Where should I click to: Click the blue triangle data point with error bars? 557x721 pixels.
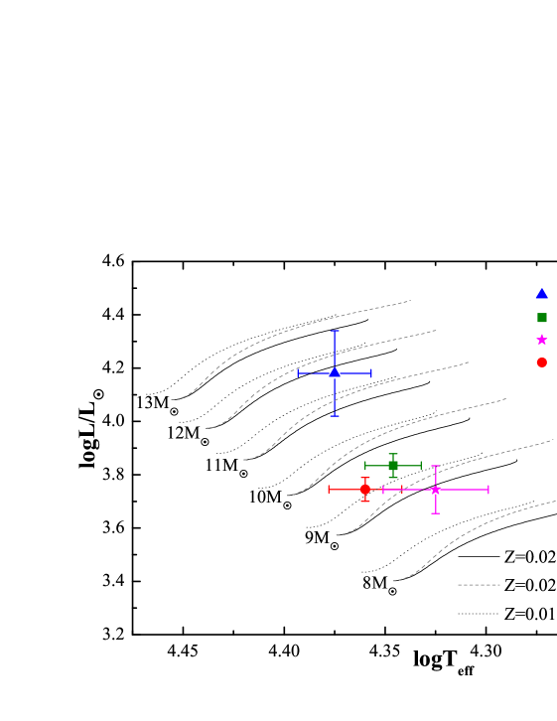tap(335, 372)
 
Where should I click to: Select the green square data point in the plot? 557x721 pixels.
tap(393, 465)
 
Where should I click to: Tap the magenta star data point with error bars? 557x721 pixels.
tap(436, 490)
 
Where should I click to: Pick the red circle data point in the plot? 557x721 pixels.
tap(365, 489)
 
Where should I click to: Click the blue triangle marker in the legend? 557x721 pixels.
tap(542, 294)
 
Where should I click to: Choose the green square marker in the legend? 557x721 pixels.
tap(542, 318)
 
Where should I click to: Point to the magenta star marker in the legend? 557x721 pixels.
tap(542, 340)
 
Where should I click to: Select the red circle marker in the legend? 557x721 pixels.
tap(542, 362)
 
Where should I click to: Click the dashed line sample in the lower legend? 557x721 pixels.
tap(479, 585)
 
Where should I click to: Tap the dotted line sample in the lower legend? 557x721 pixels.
tap(479, 614)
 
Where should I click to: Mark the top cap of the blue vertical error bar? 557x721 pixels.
tap(335, 331)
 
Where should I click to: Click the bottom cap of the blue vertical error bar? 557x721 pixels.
tap(335, 415)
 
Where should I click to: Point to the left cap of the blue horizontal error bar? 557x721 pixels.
tap(299, 373)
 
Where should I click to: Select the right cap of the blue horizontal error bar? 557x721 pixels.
tap(371, 373)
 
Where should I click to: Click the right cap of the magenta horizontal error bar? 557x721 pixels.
tap(488, 490)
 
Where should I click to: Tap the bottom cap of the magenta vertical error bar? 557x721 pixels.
tap(436, 512)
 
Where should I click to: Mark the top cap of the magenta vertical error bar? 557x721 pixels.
tap(436, 466)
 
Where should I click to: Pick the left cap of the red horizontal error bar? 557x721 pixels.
tap(330, 489)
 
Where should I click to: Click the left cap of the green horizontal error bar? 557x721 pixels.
tap(366, 465)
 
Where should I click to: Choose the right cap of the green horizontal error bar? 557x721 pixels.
tap(421, 465)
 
